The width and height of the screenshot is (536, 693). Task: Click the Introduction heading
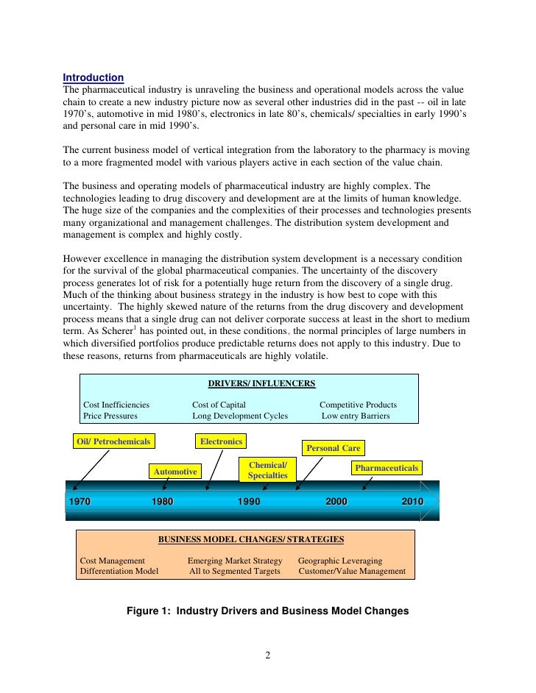(93, 77)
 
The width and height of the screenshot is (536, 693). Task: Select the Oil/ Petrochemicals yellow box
(113, 441)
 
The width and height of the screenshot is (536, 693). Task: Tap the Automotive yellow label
(175, 471)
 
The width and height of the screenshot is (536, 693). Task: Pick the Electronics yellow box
(221, 441)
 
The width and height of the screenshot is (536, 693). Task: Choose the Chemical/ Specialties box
(267, 470)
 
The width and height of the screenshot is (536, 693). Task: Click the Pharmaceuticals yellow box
(386, 468)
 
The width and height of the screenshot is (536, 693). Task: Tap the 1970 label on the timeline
(80, 501)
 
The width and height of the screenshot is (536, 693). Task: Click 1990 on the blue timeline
(249, 501)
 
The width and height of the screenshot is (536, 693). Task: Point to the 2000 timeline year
(336, 501)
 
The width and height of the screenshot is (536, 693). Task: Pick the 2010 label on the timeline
(412, 501)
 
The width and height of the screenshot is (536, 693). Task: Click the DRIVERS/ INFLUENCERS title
(261, 383)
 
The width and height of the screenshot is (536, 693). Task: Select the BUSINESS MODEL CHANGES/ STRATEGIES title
(251, 539)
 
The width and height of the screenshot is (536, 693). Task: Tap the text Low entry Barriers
(356, 416)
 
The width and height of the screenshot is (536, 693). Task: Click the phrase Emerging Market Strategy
(235, 561)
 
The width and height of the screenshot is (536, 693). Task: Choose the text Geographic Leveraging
(339, 561)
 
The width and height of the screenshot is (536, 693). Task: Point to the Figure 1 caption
(267, 611)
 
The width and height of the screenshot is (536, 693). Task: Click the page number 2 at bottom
(268, 655)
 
